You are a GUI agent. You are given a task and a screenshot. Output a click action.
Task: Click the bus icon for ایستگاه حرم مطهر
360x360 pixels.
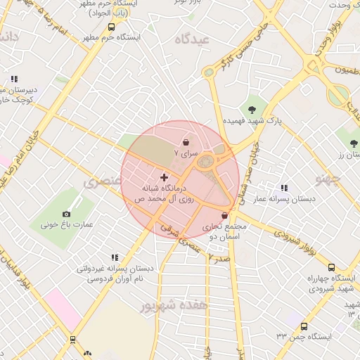(x=111, y=27)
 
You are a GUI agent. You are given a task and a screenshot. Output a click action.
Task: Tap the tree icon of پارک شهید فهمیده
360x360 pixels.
(x=252, y=108)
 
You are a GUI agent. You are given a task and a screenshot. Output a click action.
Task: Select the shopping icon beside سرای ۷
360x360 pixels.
(x=186, y=140)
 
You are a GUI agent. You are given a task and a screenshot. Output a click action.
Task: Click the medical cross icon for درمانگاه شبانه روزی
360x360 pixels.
(x=165, y=177)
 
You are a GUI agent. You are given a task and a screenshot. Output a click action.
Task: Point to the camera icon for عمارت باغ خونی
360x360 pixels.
(x=67, y=213)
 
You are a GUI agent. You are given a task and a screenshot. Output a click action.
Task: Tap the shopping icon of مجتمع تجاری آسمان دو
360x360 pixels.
(x=225, y=216)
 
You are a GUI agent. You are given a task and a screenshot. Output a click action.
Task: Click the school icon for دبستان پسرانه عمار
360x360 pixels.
(x=284, y=188)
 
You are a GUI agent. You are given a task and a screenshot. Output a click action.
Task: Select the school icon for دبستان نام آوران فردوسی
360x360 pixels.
(x=114, y=257)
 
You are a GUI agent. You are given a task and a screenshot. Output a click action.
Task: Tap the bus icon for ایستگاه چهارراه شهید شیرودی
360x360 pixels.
(x=313, y=266)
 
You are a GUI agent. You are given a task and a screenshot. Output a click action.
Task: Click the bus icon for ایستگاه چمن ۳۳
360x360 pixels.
(x=304, y=326)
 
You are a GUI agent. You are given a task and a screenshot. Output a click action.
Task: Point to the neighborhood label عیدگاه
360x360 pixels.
(x=195, y=40)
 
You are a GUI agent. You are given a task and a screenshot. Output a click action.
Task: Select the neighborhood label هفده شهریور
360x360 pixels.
(x=174, y=306)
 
